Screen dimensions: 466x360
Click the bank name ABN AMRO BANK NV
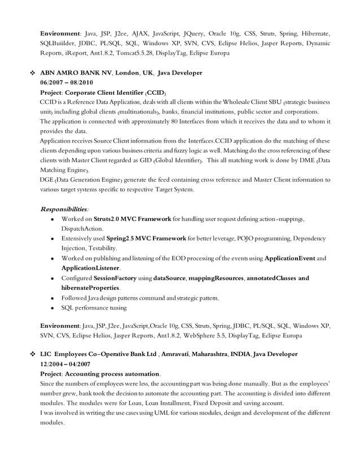click(78, 73)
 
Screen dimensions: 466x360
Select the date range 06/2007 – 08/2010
click(66, 82)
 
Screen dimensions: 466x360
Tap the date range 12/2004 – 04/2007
click(65, 364)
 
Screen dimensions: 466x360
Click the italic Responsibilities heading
click(64, 209)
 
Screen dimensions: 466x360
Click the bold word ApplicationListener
click(90, 268)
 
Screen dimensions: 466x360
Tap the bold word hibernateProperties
click(90, 288)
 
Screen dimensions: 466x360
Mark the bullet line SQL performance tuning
click(94, 308)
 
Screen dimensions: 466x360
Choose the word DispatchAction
click(82, 228)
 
